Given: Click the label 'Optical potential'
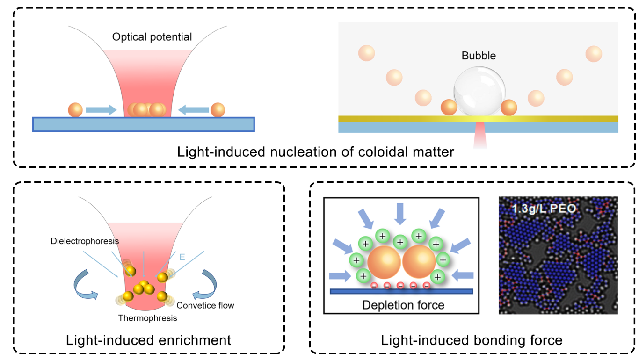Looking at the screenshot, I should [152, 37].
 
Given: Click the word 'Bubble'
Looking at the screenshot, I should [479, 56].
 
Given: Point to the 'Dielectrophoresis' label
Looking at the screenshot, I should [85, 241].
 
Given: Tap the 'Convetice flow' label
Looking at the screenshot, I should [205, 305].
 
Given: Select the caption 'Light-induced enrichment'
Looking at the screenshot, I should [149, 340].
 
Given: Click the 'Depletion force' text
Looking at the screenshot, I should [403, 305].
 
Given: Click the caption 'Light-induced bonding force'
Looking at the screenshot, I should [472, 340].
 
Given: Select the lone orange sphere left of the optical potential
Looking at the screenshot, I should [75, 110].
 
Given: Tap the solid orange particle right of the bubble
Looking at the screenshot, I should [509, 107].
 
